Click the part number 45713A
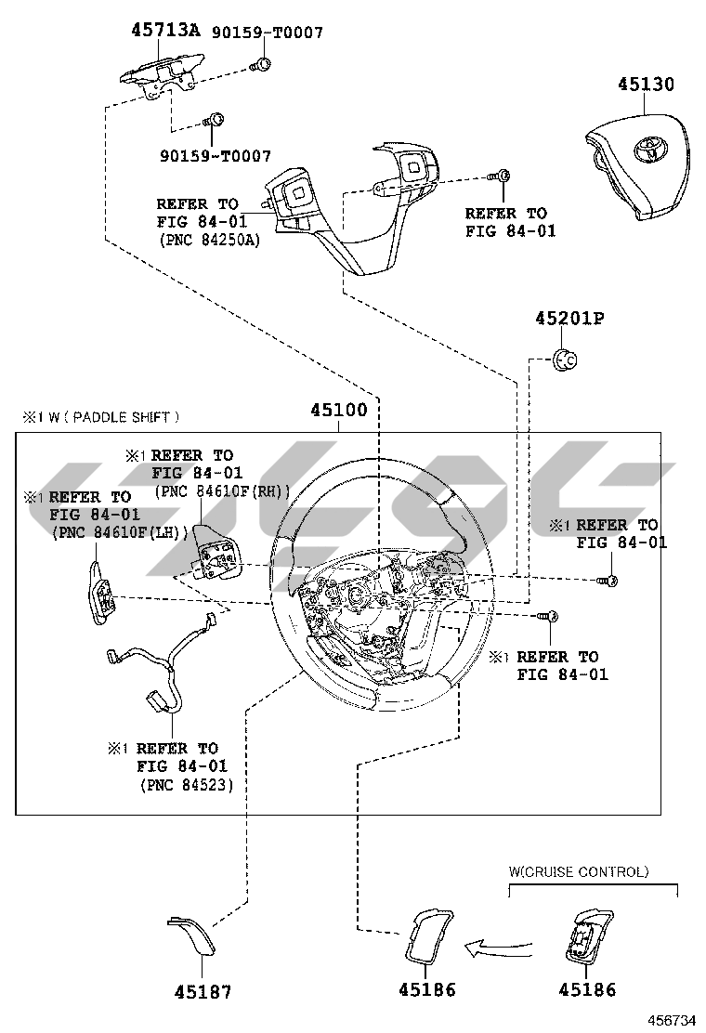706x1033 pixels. pos(164,30)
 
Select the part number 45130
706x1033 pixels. pos(646,85)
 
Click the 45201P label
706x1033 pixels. pos(569,319)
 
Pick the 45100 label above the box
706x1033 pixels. pos(338,410)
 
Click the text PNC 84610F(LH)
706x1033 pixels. pos(121,532)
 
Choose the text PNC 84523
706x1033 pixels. pos(187,785)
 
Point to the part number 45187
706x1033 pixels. pos(203,991)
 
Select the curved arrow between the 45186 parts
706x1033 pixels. pos(499,948)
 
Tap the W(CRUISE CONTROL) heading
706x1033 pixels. pos(578,871)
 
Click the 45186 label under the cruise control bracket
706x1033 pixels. pos(586,990)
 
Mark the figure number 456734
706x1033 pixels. pos(672,1020)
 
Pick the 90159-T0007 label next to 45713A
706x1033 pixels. pos(268,33)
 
